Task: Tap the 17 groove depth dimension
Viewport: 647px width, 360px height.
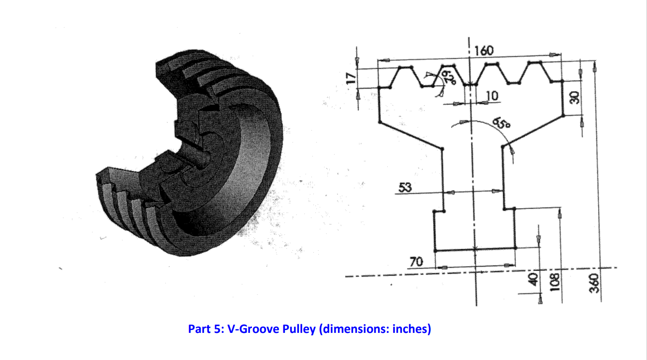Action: pyautogui.click(x=352, y=77)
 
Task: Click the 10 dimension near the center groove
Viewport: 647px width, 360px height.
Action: pyautogui.click(x=492, y=96)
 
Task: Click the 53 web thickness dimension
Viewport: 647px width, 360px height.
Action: pyautogui.click(x=405, y=187)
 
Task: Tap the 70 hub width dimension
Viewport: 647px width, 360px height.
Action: pyautogui.click(x=416, y=262)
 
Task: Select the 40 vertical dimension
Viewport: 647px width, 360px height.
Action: pyautogui.click(x=533, y=279)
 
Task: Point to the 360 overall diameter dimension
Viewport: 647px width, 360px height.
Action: pyautogui.click(x=596, y=283)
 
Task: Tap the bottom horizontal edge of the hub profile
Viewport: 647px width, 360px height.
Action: pyautogui.click(x=475, y=250)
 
